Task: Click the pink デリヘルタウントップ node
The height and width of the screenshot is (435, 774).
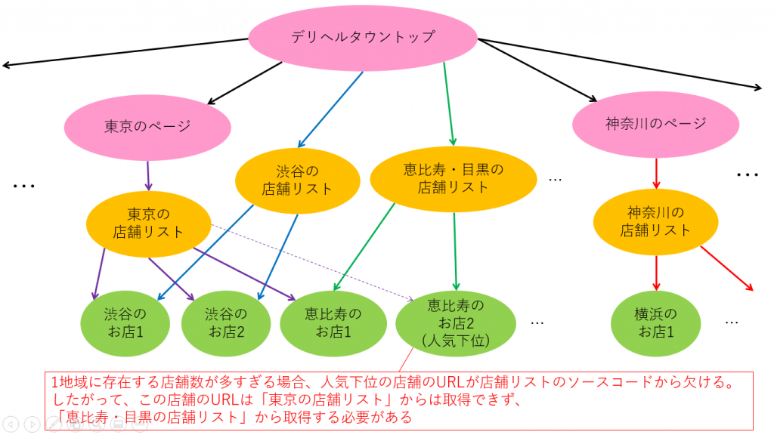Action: click(363, 37)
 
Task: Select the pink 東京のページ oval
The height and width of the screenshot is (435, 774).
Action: click(147, 126)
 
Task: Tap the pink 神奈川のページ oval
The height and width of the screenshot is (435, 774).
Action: click(655, 124)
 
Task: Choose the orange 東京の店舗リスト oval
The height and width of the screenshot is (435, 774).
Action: click(148, 223)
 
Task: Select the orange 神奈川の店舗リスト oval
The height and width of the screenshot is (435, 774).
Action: click(655, 221)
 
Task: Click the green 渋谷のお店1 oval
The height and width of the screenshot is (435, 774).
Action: click(124, 322)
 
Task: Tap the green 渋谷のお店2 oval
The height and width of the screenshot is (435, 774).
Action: click(224, 322)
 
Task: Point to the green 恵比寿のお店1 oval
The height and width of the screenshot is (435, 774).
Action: click(333, 322)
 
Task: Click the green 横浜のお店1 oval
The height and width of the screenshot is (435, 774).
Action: click(655, 322)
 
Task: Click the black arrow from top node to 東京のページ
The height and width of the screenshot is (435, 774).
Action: click(246, 83)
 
